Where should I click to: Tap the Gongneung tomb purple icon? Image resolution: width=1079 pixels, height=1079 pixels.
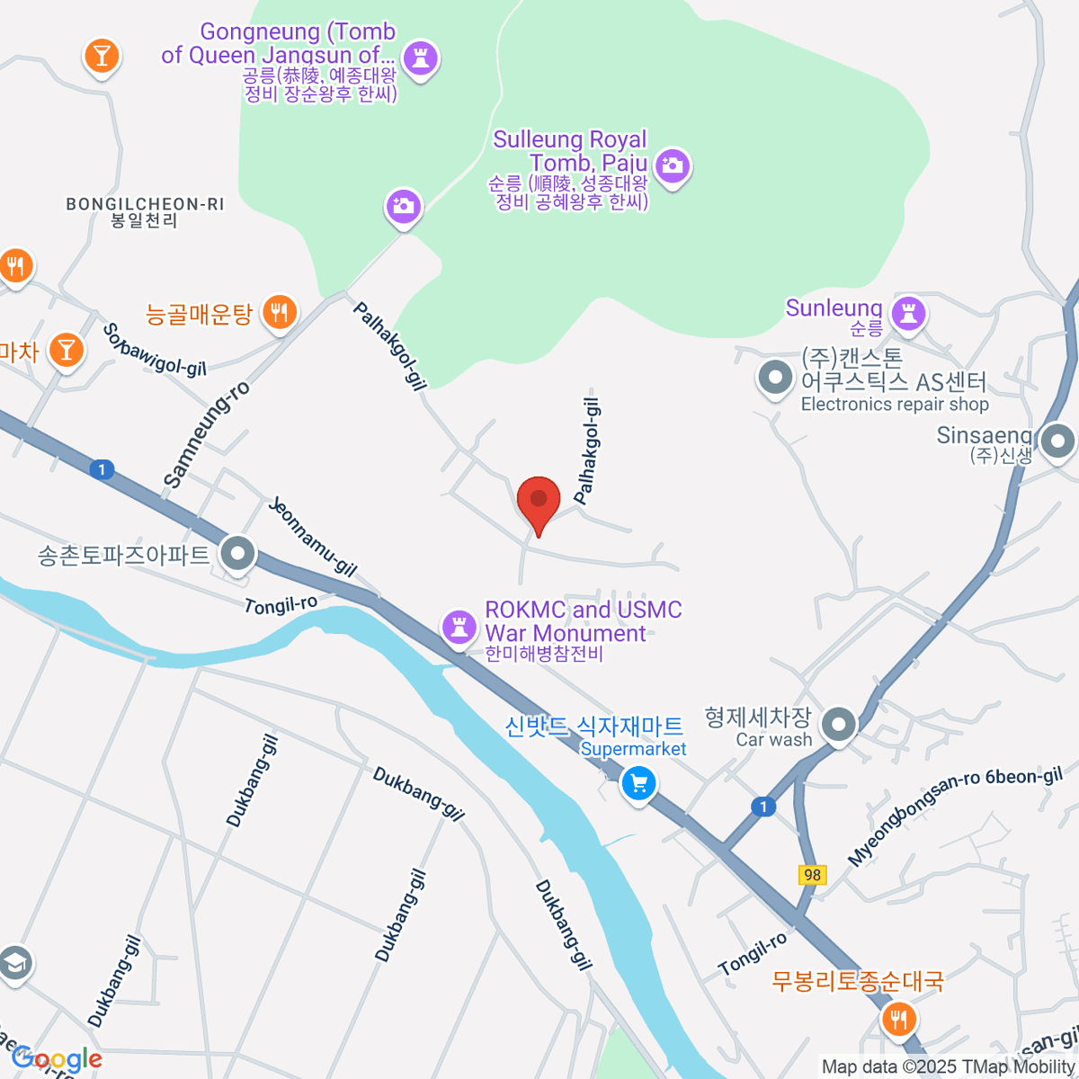pos(419,58)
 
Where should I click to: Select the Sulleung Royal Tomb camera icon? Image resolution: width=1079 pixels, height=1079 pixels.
pos(672,165)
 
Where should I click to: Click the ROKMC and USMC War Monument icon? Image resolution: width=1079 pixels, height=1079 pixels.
pos(459,626)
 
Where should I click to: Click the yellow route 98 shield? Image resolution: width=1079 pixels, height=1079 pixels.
pos(812,874)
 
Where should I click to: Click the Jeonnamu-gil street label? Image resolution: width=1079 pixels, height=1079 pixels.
pos(312,537)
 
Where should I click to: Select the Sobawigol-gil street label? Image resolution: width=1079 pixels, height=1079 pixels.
pos(154,350)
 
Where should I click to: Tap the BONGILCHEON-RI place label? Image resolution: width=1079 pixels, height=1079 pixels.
pos(145,212)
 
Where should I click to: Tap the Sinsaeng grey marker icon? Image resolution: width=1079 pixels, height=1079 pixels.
pos(1057,441)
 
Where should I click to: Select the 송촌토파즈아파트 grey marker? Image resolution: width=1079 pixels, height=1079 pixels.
pos(238,554)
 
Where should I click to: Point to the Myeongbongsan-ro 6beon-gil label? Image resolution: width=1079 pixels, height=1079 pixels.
pos(955,816)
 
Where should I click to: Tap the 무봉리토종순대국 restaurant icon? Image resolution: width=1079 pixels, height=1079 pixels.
pos(898,1019)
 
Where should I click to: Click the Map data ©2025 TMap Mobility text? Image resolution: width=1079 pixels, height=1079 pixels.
pos(948,1067)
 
